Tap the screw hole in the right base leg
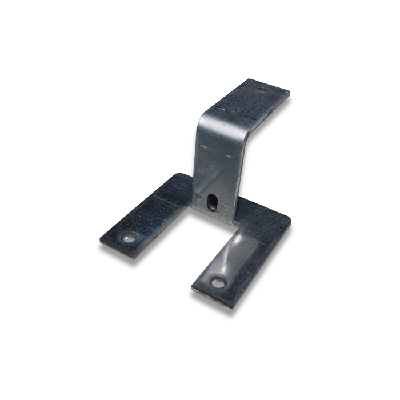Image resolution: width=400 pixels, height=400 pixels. (218, 282)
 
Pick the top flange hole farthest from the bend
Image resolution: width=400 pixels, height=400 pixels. (261, 90)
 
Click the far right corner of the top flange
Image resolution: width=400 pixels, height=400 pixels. (290, 95)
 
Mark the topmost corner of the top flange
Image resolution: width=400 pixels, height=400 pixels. (249, 79)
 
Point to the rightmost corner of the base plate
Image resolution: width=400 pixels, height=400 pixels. (291, 220)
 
